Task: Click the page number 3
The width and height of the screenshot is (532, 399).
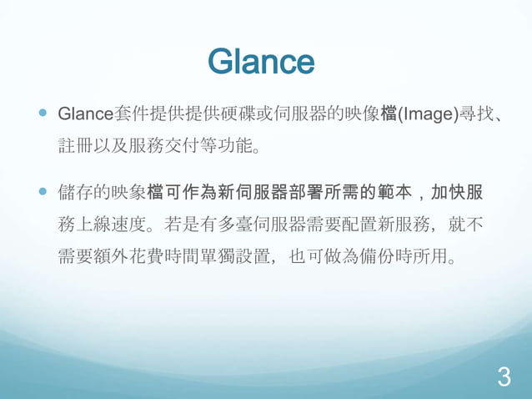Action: [x=503, y=377]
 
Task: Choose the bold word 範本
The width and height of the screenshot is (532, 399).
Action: [x=399, y=191]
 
